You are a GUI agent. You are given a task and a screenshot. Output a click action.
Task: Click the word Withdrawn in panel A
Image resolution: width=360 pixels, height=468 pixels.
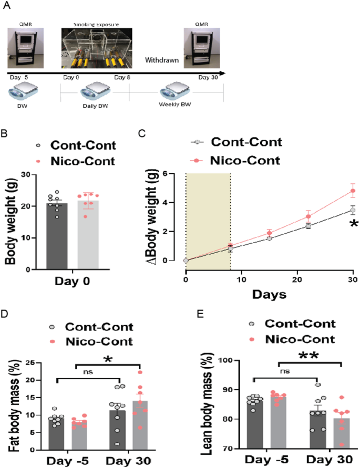[x=162, y=60]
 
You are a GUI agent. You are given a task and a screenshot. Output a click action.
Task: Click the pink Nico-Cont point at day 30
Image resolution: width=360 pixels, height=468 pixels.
[x=353, y=191]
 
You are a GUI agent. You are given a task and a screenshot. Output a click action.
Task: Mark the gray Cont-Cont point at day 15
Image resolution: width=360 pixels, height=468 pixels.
[x=269, y=238]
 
